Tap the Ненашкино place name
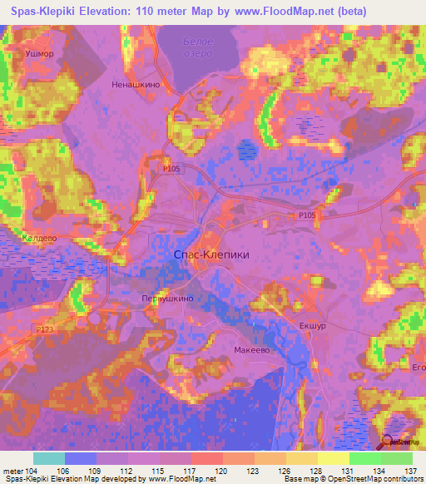[x=133, y=84]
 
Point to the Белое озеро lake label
[x=198, y=48]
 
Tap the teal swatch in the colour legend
[x=49, y=458]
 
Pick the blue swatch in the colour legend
[x=81, y=458]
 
